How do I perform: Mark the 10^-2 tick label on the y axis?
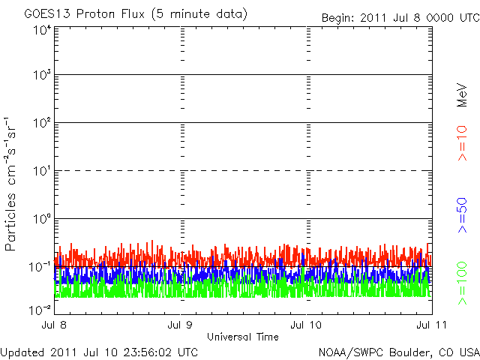pyautogui.click(x=40, y=308)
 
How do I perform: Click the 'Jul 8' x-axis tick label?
pyautogui.click(x=54, y=325)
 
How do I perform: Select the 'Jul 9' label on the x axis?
pyautogui.click(x=180, y=325)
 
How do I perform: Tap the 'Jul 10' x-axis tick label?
pyautogui.click(x=305, y=325)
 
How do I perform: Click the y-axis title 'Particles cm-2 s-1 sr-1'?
pyautogui.click(x=13, y=184)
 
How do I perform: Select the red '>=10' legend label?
pyautogui.click(x=462, y=143)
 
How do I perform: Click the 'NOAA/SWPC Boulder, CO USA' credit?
pyautogui.click(x=397, y=352)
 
